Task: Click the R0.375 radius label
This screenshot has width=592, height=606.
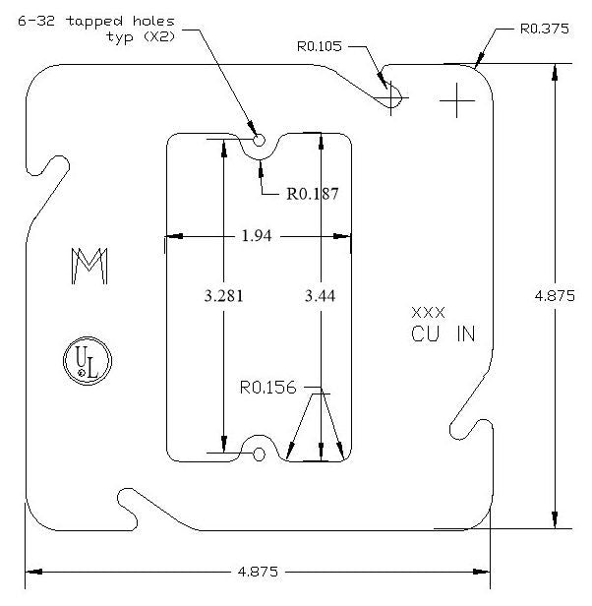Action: [544, 29]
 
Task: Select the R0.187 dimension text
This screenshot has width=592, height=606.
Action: [313, 194]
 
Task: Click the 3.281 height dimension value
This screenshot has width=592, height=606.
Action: [223, 296]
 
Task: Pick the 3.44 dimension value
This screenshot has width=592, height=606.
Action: [321, 296]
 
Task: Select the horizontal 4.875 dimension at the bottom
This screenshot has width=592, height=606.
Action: [258, 571]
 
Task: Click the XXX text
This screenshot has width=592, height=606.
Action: [428, 312]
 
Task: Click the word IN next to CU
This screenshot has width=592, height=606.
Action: [465, 333]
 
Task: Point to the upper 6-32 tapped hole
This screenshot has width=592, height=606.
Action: [259, 141]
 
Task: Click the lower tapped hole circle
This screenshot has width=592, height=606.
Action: [259, 454]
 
